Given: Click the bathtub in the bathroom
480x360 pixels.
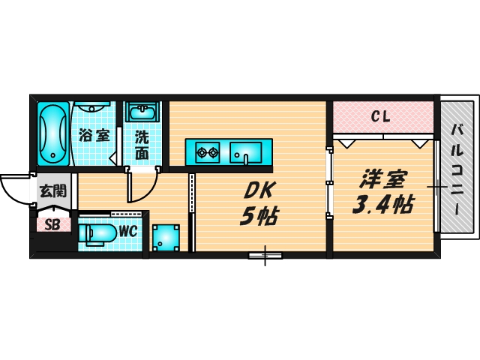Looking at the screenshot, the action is tap(53, 134).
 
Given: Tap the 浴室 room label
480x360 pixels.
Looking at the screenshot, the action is tap(94, 135).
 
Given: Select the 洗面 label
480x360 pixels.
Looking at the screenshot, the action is tap(142, 145).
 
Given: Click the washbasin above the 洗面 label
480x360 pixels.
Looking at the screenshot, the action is tap(142, 112).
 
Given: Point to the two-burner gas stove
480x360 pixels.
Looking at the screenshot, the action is tap(208, 152).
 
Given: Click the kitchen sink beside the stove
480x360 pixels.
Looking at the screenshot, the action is tap(246, 152).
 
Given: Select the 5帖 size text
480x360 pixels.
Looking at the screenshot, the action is tap(259, 216).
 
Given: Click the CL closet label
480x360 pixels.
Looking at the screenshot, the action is tap(381, 117).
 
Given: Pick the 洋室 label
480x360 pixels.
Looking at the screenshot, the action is tap(383, 179).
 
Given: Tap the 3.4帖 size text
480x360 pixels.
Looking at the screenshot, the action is tap(383, 204).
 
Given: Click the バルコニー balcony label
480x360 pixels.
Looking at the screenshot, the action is tap(457, 169).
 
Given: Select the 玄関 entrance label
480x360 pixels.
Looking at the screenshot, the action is tap(53, 191).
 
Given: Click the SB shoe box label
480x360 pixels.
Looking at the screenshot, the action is tap(52, 225).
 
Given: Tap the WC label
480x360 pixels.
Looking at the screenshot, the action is tap(128, 232).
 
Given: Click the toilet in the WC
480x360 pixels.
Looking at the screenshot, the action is tap(97, 235).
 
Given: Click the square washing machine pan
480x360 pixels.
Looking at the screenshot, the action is tap(166, 238).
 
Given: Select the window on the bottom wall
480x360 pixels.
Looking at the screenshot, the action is tap(265, 255).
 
